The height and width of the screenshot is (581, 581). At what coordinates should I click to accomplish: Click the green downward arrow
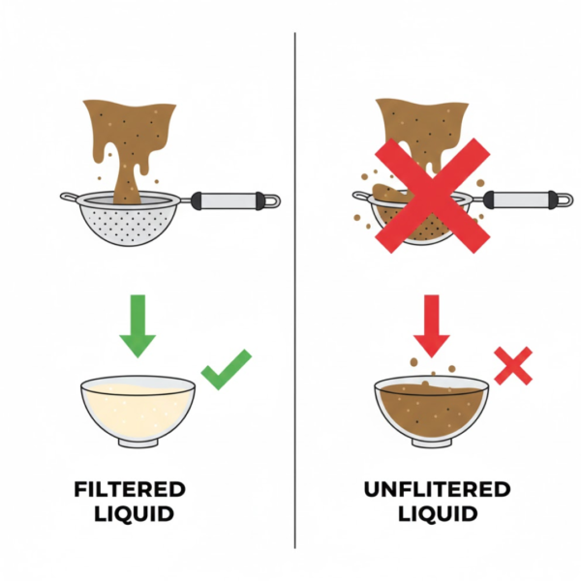[x=138, y=325]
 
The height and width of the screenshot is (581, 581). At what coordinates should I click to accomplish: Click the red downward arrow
[x=431, y=325]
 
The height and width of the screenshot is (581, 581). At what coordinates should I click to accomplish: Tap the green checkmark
[x=226, y=370]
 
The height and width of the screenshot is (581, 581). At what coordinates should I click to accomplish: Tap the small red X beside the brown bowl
[x=513, y=366]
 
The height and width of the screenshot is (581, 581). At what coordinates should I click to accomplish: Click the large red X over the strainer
[x=433, y=196]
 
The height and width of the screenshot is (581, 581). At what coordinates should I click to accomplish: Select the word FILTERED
[x=130, y=489]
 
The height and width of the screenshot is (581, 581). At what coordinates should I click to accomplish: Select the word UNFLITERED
[x=438, y=489]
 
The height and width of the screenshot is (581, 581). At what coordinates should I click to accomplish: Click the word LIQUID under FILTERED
[x=134, y=513]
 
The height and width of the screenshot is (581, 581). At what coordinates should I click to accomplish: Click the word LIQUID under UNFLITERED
[x=438, y=513]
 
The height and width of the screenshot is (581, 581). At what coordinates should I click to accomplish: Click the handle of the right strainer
[x=526, y=199]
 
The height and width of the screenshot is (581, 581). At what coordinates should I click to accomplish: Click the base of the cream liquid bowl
[x=138, y=443]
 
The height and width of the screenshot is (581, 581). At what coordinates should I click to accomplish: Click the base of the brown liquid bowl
[x=432, y=443]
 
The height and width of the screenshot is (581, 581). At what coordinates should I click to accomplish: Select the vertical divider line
[x=295, y=290]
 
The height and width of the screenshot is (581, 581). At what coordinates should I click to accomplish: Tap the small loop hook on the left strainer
[x=69, y=198]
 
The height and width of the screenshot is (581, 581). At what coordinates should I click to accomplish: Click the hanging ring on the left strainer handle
[x=273, y=200]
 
